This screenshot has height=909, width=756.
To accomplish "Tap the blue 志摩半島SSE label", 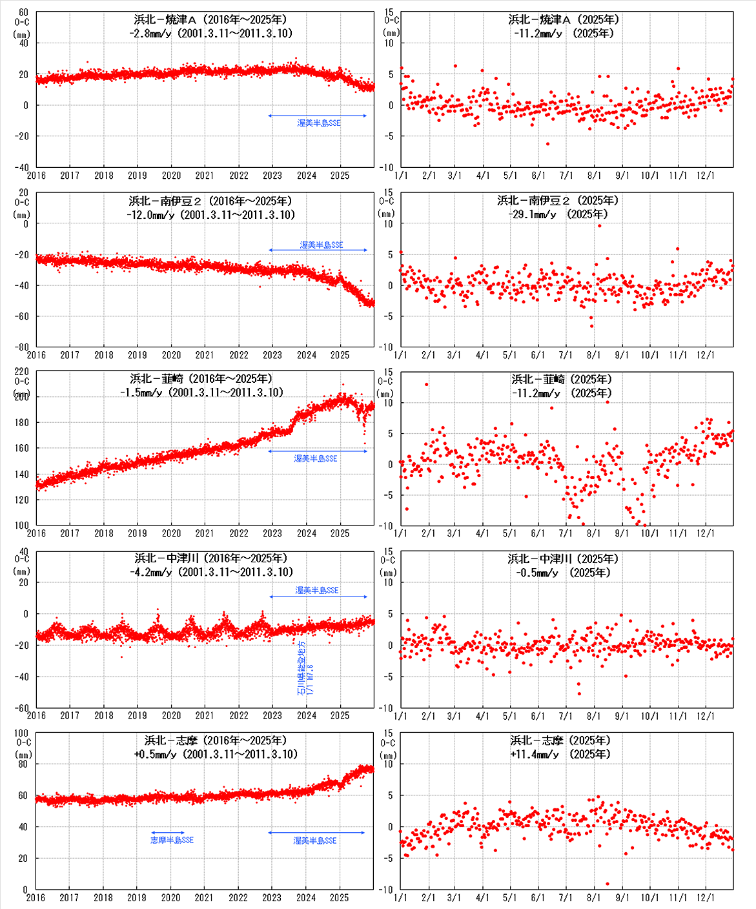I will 172,840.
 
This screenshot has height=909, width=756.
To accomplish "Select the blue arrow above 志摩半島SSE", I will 168,833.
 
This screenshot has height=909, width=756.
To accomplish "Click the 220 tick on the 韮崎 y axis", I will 22,372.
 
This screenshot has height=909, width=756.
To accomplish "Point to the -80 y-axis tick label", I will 22,347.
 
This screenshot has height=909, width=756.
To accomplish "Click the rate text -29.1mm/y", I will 532,214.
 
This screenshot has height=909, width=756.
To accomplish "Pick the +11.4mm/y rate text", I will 534,754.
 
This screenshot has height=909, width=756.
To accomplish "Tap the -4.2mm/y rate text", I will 151,572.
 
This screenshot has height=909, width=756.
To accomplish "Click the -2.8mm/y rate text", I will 150,33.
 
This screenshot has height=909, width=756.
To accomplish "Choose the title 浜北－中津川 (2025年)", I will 563,558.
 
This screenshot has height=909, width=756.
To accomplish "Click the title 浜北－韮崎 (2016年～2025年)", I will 201,378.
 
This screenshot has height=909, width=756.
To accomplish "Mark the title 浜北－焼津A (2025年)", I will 564,19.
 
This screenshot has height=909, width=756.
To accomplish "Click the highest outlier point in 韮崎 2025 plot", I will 426,385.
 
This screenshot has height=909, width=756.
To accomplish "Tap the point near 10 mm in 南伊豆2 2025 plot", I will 599,225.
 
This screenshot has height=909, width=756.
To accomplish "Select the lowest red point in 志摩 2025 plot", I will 608,884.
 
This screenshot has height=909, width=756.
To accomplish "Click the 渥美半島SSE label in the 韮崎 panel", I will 316,458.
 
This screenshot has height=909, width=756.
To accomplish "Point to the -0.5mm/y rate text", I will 536,573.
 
